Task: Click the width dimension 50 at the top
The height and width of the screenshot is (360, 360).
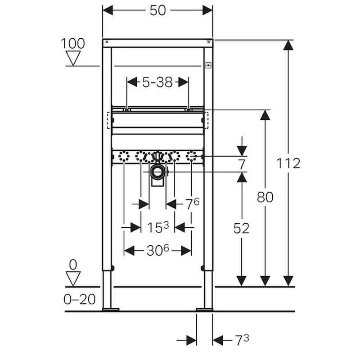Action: click(x=158, y=10)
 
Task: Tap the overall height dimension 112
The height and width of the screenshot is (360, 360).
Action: click(x=288, y=163)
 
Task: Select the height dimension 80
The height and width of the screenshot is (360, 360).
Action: click(x=265, y=197)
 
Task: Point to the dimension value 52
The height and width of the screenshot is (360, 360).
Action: click(x=241, y=228)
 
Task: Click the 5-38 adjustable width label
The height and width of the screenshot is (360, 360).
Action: click(x=157, y=82)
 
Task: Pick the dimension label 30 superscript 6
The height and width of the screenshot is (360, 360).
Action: click(x=158, y=250)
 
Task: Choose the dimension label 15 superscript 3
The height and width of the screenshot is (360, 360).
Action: click(x=158, y=227)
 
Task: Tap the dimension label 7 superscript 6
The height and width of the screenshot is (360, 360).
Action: click(x=193, y=204)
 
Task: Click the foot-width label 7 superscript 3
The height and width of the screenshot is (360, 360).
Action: click(x=242, y=340)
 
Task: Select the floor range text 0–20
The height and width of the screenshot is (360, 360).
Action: click(x=80, y=299)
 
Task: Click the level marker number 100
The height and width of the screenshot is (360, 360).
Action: click(x=73, y=43)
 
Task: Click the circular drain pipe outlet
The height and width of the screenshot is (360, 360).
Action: click(x=157, y=172)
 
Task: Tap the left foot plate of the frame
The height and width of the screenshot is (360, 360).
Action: click(x=111, y=310)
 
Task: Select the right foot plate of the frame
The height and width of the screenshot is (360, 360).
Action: click(x=205, y=310)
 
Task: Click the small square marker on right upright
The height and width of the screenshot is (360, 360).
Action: click(x=208, y=66)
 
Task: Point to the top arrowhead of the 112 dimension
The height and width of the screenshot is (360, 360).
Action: click(x=288, y=45)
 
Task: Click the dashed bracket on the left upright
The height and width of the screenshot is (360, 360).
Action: click(x=108, y=120)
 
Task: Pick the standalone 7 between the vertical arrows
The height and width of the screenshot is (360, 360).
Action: click(x=242, y=164)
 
